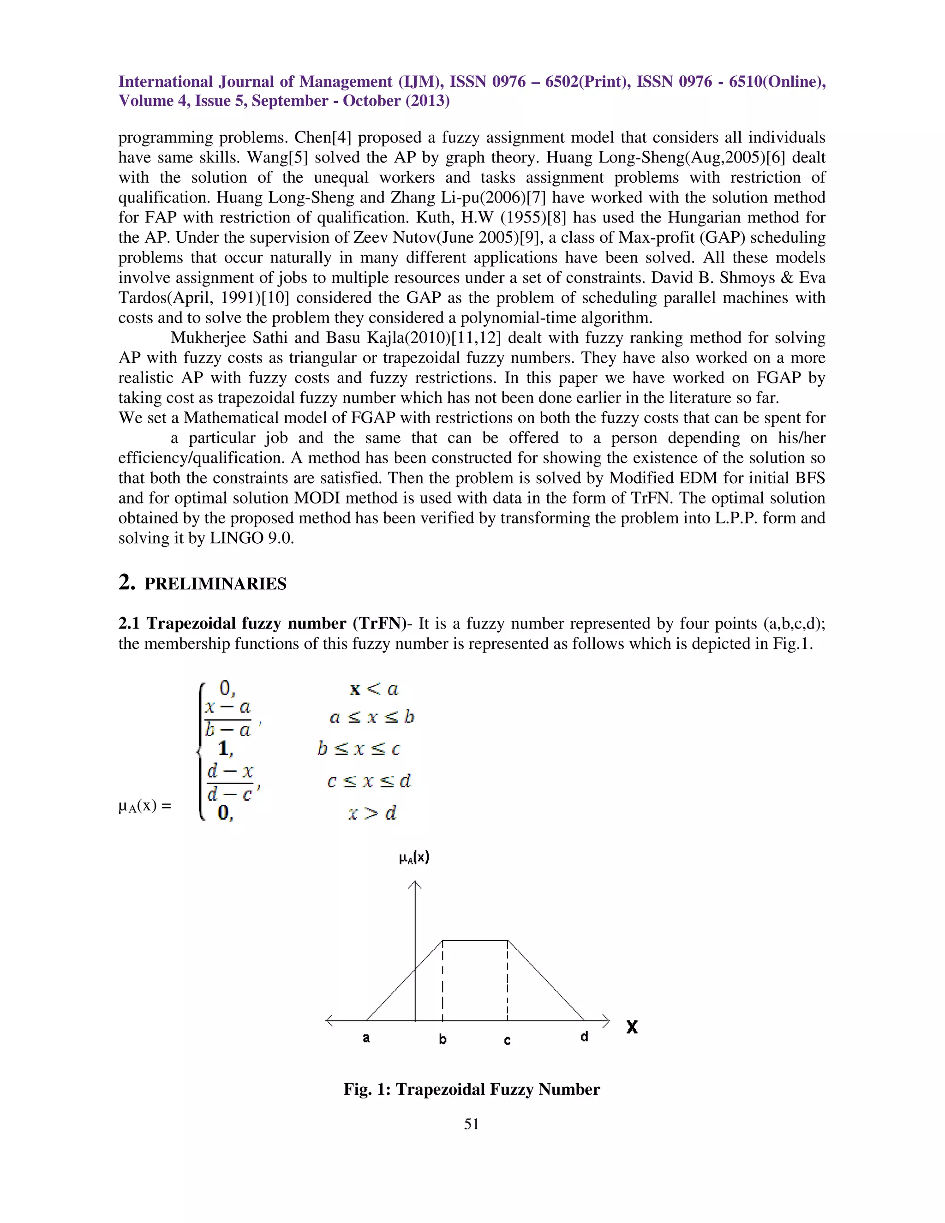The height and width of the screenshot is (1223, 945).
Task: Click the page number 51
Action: [x=472, y=1124]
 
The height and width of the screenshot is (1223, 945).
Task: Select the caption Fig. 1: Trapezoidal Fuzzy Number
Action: [x=472, y=1089]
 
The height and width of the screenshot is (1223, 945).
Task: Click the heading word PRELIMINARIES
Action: [x=215, y=584]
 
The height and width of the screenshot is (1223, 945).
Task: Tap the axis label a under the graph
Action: [x=366, y=1037]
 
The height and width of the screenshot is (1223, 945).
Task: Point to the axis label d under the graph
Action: [x=584, y=1037]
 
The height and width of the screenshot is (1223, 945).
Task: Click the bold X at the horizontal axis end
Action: [x=632, y=1027]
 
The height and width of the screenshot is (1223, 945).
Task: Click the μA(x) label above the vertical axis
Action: [x=414, y=857]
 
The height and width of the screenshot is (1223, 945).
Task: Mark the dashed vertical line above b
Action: [x=443, y=980]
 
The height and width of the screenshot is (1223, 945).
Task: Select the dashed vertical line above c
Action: [x=507, y=980]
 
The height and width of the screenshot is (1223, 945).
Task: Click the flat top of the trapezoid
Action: [x=475, y=941]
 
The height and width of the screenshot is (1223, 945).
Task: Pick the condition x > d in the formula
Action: [x=372, y=813]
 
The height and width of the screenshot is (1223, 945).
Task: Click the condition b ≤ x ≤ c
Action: [x=358, y=749]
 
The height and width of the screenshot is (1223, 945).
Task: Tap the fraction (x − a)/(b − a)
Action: [x=228, y=719]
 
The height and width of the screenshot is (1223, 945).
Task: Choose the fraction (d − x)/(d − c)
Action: [x=229, y=783]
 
